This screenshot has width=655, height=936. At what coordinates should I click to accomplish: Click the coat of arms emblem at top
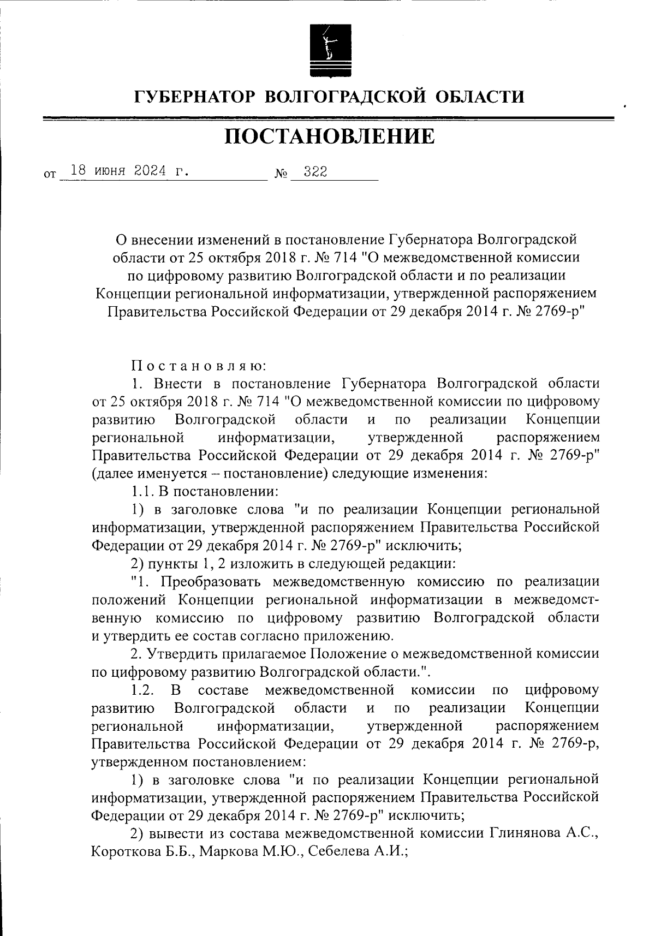(327, 50)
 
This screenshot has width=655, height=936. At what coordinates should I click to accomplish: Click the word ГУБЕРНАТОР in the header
(195, 97)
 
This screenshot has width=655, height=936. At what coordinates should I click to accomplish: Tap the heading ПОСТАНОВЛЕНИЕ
(330, 136)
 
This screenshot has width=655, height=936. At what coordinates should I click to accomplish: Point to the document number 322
(315, 171)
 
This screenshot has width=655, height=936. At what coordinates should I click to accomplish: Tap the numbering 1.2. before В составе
(143, 690)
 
